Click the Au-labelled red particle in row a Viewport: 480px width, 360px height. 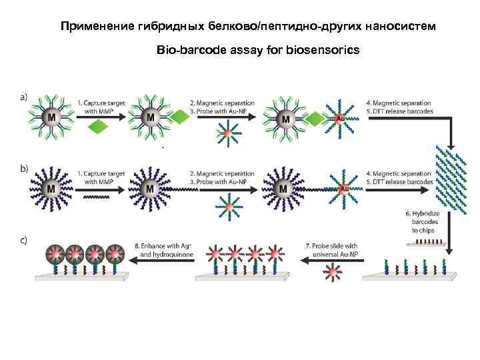(340, 119)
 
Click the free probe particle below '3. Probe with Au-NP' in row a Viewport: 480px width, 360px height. (227, 134)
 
